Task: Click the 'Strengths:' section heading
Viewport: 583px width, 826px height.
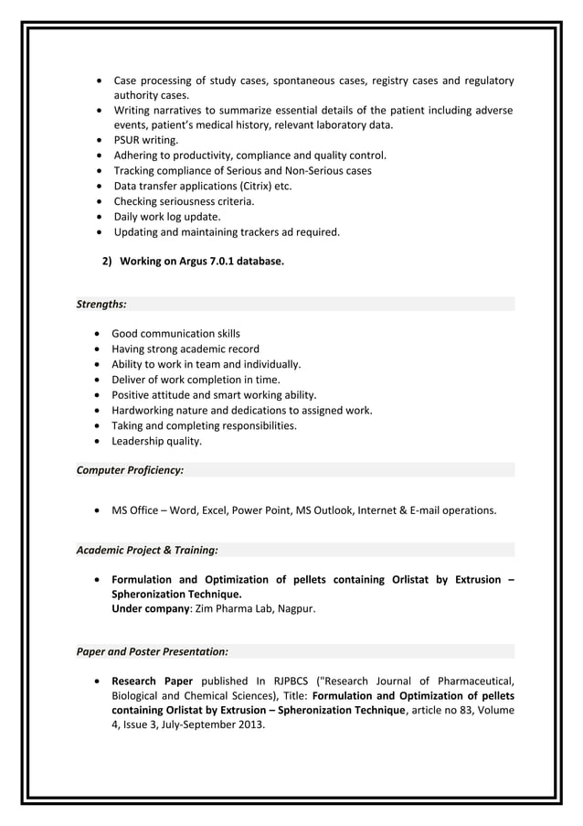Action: coord(101,304)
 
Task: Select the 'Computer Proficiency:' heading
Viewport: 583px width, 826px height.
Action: coord(130,470)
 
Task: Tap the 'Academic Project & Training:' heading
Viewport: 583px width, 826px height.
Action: coord(146,550)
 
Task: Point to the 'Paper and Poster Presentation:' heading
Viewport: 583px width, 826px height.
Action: coord(152,652)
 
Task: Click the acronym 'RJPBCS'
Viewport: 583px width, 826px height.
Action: coord(287,681)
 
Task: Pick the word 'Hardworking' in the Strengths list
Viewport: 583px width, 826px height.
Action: coord(142,411)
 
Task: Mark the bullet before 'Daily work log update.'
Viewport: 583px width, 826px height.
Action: coord(99,217)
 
